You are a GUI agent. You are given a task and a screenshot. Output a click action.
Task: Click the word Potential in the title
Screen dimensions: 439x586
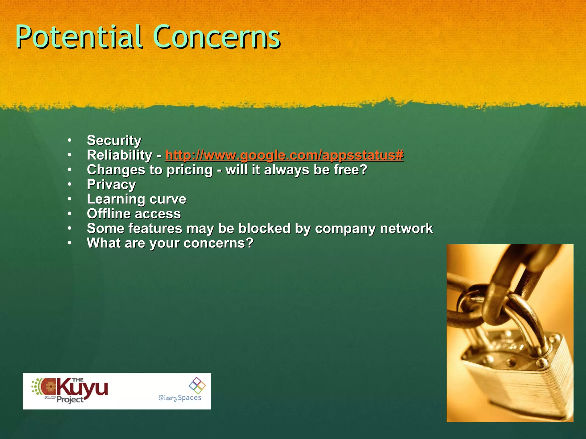pos(79,37)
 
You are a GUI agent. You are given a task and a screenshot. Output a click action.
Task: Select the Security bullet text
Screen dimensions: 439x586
pos(114,140)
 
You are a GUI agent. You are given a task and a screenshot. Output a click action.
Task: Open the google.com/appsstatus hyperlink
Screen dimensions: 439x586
pos(284,155)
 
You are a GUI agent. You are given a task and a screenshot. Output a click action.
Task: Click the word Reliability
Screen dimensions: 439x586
pos(120,155)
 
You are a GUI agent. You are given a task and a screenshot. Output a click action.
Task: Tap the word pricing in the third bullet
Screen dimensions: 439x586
pos(190,170)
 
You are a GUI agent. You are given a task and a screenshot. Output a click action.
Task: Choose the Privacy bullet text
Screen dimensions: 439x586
pos(111,185)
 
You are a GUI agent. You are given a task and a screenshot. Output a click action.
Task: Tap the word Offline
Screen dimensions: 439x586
pos(108,214)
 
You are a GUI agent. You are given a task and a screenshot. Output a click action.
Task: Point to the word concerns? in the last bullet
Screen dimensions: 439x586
pos(218,243)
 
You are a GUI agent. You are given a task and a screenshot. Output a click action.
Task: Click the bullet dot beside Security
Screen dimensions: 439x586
pos(70,140)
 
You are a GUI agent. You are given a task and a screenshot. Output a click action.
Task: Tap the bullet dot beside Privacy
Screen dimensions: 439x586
pos(70,184)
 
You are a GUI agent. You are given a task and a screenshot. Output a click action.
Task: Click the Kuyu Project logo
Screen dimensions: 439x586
pos(70,391)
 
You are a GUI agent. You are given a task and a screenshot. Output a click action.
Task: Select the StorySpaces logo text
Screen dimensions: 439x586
pos(180,398)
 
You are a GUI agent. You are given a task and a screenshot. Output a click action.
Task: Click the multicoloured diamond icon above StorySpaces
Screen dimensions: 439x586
pos(197,385)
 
